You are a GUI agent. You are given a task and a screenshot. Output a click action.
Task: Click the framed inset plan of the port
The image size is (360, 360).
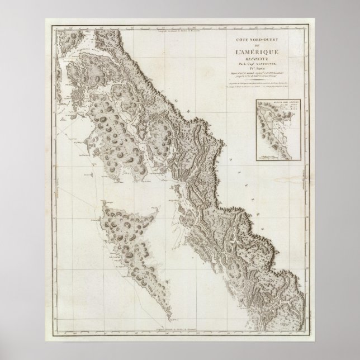click(274, 132)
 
